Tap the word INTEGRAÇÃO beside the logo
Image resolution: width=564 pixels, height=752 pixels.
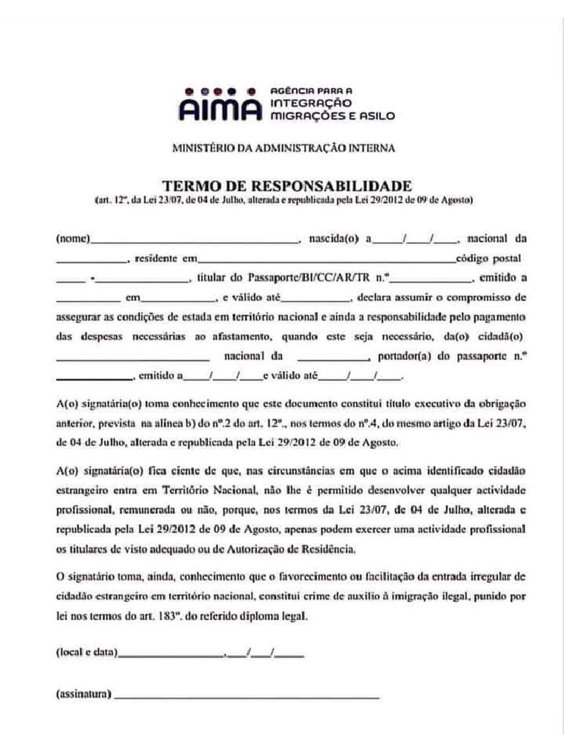(x=311, y=103)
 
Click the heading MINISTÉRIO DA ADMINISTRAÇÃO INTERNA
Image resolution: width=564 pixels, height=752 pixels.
(x=283, y=148)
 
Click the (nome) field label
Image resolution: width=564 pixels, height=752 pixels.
(x=73, y=239)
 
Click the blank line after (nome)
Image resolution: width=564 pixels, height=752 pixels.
(x=195, y=241)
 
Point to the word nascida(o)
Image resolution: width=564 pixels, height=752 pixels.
(x=333, y=239)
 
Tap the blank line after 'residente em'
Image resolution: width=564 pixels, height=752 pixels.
(x=327, y=261)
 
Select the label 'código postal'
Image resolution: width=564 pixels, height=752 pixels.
(x=488, y=258)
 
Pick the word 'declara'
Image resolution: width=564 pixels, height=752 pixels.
(x=374, y=298)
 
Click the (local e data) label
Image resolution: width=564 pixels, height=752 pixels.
(x=86, y=652)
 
